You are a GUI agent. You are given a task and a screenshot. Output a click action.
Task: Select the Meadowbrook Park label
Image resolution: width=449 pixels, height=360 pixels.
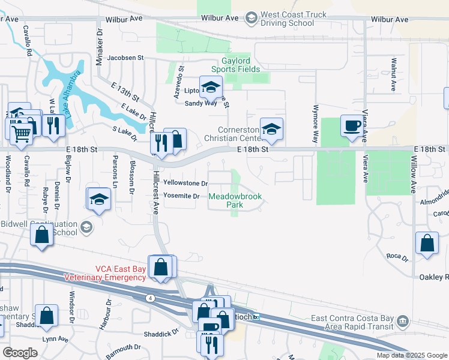(235, 200)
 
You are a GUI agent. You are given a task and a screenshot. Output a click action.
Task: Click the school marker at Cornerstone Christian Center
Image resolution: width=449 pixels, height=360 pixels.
(271, 129)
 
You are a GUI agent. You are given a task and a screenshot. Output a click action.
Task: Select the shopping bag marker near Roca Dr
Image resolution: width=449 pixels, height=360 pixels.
(426, 244)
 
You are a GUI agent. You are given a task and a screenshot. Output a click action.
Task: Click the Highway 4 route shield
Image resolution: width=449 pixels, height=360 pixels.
(148, 298)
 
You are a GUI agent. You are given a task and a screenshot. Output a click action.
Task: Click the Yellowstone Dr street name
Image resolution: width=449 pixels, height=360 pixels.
(185, 183)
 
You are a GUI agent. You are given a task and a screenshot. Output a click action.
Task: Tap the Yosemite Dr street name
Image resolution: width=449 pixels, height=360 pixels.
(181, 196)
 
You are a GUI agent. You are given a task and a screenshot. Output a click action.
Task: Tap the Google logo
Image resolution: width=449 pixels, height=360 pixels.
(20, 352)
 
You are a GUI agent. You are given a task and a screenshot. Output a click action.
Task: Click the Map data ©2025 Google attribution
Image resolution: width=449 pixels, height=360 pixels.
(412, 355)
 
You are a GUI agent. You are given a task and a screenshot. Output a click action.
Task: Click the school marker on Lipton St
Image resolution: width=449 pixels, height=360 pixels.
(211, 88)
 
